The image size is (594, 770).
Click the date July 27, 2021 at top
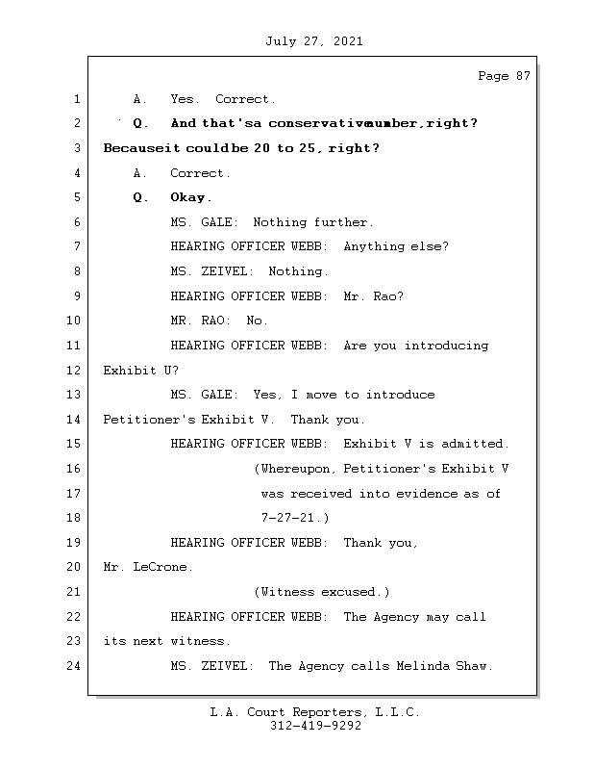pyautogui.click(x=313, y=41)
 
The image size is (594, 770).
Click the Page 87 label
pyautogui.click(x=504, y=76)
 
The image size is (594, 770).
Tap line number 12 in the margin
pyautogui.click(x=75, y=370)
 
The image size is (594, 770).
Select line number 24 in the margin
pyautogui.click(x=75, y=665)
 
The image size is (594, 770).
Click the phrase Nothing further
pyautogui.click(x=311, y=222)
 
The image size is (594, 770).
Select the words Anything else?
pyautogui.click(x=396, y=246)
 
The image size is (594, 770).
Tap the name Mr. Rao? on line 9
pyautogui.click(x=373, y=295)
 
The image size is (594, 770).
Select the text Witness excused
pyautogui.click(x=320, y=592)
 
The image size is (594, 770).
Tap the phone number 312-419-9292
pyautogui.click(x=315, y=727)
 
